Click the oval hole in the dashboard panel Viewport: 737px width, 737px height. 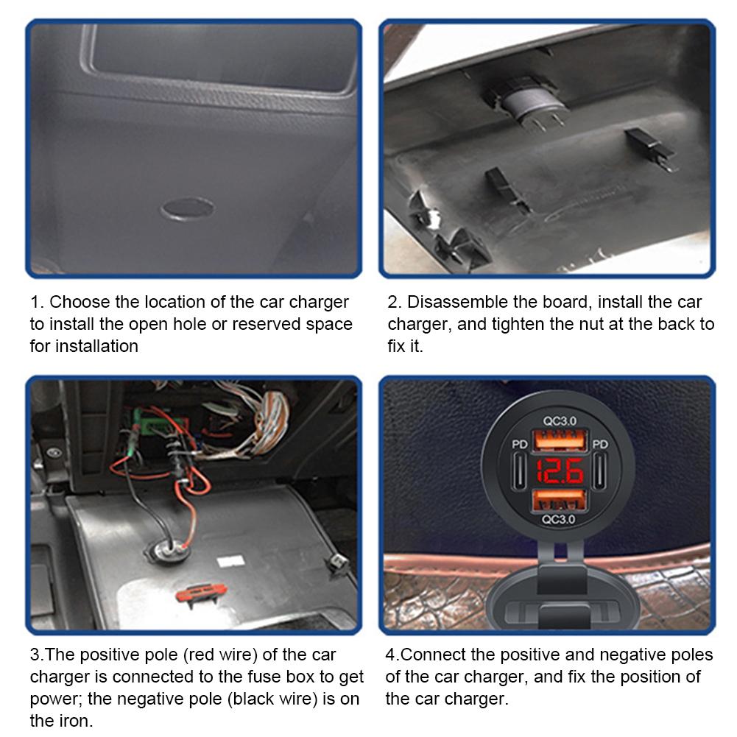click(x=188, y=208)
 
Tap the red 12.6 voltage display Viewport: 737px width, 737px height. click(x=560, y=471)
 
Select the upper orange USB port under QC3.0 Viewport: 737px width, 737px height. click(x=560, y=441)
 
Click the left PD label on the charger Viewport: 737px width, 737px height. click(x=519, y=444)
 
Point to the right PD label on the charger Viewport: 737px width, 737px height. click(x=600, y=444)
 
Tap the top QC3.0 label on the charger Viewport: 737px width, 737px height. click(x=560, y=420)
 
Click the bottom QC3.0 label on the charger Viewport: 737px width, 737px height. click(x=558, y=519)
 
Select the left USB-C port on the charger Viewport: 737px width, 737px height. click(x=519, y=471)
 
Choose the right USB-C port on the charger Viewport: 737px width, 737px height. click(x=600, y=471)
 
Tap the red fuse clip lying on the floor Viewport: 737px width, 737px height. click(x=201, y=594)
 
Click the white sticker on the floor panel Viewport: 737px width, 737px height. click(x=230, y=561)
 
